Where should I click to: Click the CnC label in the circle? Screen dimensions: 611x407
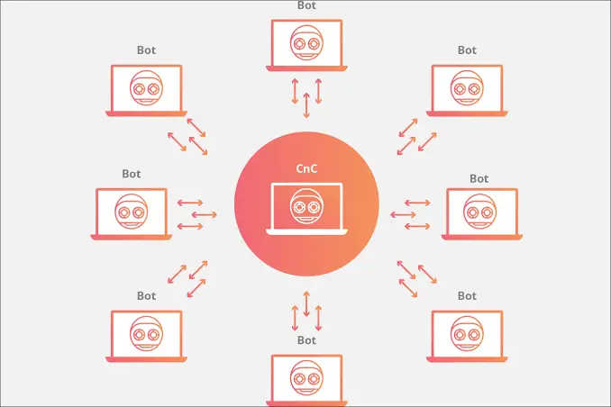pyautogui.click(x=306, y=168)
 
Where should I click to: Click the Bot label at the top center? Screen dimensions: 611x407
pyautogui.click(x=306, y=5)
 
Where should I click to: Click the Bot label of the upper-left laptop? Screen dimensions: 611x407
pyautogui.click(x=147, y=50)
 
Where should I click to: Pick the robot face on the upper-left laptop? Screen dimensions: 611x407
pyautogui.click(x=146, y=88)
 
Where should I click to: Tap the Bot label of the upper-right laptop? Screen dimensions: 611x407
pyautogui.click(x=467, y=50)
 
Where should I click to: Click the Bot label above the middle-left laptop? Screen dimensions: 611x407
pyautogui.click(x=132, y=174)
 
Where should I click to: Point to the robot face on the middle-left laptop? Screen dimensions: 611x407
pyautogui.click(x=132, y=212)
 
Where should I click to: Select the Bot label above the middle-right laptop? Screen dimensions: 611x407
pyautogui.click(x=479, y=179)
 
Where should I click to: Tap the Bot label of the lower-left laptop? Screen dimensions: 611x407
pyautogui.click(x=147, y=296)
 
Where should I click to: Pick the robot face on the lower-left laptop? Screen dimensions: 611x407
pyautogui.click(x=146, y=334)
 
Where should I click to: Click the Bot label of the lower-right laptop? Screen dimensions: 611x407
pyautogui.click(x=467, y=296)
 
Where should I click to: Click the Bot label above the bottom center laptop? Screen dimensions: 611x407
pyautogui.click(x=306, y=340)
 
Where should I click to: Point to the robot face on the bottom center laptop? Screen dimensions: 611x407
pyautogui.click(x=306, y=378)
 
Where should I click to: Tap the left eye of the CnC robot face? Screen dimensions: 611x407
pyautogui.click(x=299, y=207)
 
